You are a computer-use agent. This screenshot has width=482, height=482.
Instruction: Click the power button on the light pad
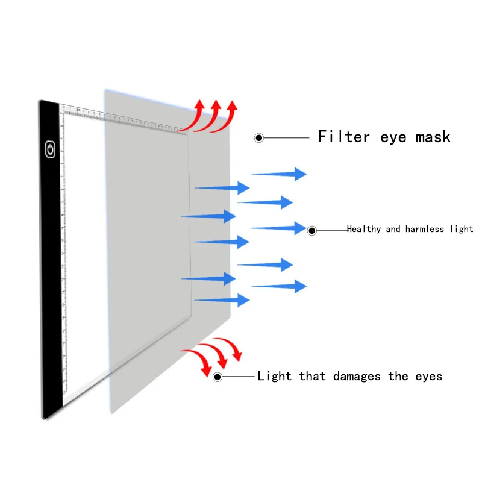(x=49, y=148)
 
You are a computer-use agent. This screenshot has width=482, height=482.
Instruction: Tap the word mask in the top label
(x=433, y=137)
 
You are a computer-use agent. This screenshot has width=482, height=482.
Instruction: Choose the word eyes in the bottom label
(x=428, y=377)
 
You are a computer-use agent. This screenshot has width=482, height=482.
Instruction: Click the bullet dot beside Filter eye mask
(x=259, y=138)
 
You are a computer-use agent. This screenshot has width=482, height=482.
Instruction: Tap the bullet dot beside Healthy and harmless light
(x=312, y=230)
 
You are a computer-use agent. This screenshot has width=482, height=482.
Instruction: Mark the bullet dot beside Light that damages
(x=218, y=377)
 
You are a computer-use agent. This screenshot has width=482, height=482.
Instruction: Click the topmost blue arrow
(x=279, y=174)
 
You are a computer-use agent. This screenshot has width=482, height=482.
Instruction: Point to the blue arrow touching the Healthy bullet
(x=279, y=228)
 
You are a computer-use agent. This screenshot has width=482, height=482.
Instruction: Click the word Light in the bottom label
(x=274, y=377)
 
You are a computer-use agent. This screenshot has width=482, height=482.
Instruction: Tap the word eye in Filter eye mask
(x=393, y=137)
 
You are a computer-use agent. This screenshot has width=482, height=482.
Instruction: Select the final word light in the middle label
(x=461, y=229)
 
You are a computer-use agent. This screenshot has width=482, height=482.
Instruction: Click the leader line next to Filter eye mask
(x=286, y=138)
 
